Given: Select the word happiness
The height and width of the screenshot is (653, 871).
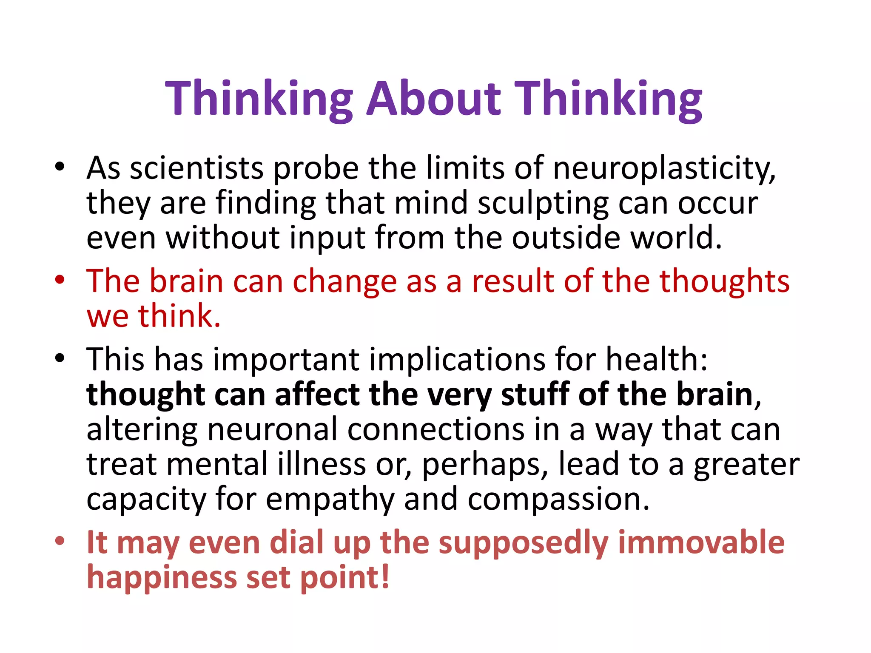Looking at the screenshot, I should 162,578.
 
